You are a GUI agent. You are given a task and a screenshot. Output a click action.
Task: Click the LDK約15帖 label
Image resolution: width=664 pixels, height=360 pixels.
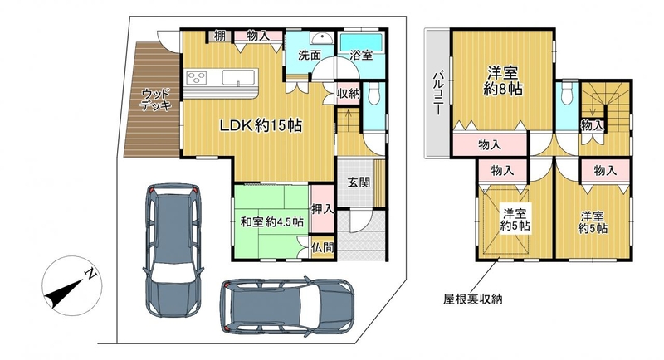(x=261, y=125)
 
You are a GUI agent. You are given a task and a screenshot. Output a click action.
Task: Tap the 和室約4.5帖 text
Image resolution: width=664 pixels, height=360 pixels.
(x=272, y=221)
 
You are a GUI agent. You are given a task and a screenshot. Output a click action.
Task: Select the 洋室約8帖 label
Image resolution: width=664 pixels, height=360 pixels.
(x=503, y=80)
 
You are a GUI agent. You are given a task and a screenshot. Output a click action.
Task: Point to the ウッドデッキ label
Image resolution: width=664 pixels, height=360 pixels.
(x=156, y=100)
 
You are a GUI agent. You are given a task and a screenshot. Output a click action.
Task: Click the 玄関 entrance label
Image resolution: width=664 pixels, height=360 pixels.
(x=359, y=182)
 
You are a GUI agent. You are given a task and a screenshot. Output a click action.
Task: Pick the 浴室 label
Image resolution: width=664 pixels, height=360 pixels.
(x=361, y=55)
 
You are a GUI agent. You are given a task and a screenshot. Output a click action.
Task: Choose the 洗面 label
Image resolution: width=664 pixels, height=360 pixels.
(x=309, y=55)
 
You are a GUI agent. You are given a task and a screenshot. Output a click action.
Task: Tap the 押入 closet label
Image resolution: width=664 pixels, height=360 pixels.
(x=323, y=209)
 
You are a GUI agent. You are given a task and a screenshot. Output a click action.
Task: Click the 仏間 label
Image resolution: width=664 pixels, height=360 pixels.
(x=323, y=247)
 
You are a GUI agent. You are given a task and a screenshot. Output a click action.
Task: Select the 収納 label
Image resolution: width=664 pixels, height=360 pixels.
(x=349, y=94)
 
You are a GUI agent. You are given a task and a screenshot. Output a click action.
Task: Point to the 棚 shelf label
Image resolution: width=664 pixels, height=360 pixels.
(x=219, y=36)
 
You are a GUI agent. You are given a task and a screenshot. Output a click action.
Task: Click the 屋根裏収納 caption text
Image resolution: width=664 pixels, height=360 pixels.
(x=472, y=299)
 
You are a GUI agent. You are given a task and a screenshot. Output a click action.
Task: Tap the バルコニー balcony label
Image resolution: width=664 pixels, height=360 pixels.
(x=437, y=94)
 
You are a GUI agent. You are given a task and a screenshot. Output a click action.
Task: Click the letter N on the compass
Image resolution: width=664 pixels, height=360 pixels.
(x=90, y=275)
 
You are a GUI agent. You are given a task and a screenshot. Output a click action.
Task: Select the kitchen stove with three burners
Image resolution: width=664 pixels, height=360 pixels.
(x=196, y=77)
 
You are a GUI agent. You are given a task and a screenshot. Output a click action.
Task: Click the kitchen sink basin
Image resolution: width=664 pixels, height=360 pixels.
(x=239, y=77)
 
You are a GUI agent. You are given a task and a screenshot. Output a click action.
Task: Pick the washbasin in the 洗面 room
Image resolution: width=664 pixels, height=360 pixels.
(x=321, y=38)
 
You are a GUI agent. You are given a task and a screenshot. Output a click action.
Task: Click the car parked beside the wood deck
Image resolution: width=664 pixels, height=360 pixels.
(x=173, y=250)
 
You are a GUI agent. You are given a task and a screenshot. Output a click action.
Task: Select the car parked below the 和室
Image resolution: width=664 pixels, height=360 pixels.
(x=287, y=307)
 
